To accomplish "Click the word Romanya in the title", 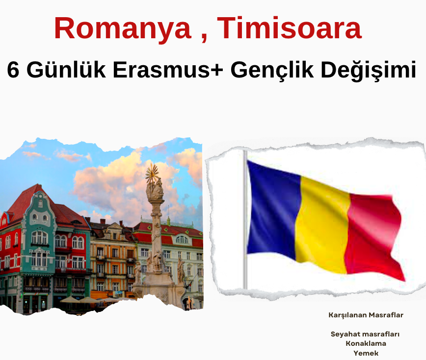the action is pos(123,28).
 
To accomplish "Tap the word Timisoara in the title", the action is pos(289,27).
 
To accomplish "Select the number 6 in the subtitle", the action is pos(13,70).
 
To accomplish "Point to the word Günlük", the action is pos(66,70).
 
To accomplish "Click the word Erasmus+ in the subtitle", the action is pos(168,70).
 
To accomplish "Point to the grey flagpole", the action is pos(245,220).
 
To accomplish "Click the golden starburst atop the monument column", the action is pos(153,173).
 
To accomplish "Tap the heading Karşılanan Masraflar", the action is pos(366,315).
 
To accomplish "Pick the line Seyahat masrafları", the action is pos(365,334).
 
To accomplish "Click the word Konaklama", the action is pos(366,343).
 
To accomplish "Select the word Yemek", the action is pos(366,353).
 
